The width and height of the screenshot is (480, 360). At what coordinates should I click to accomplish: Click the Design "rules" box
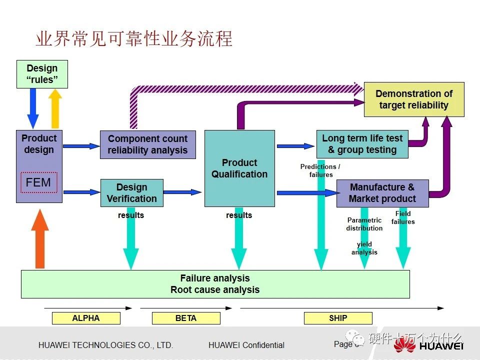42,74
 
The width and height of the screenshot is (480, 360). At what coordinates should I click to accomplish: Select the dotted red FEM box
38,183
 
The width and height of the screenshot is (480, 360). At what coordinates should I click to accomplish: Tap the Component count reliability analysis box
147,144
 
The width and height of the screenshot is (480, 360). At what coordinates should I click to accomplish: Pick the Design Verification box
132,193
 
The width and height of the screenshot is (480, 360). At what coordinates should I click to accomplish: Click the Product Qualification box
239,168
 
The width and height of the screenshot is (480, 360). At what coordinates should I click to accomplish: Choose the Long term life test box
362,144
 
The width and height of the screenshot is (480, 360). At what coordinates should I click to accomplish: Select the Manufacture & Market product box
382,193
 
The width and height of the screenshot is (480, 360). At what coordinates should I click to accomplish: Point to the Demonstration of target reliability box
414,99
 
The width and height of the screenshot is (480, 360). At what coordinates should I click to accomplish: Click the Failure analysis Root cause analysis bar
215,284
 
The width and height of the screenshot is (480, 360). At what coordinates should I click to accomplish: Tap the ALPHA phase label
86,318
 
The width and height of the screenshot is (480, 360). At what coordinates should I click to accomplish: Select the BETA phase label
186,318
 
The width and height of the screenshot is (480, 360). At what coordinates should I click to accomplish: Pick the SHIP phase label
338,318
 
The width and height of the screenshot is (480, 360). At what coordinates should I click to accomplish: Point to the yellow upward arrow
55,108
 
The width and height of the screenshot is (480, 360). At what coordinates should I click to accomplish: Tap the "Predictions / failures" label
320,170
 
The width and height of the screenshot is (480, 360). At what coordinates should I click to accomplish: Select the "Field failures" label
403,217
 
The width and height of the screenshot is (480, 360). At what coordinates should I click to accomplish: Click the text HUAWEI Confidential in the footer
246,345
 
